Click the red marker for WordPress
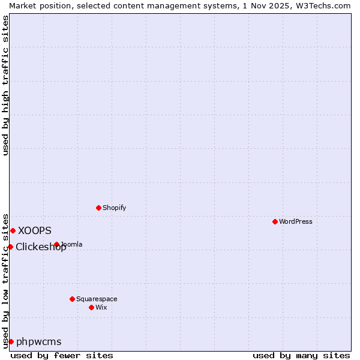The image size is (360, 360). coord(275,221)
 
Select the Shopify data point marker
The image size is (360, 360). coord(98,208)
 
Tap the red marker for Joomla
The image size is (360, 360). coord(56,244)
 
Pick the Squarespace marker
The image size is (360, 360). coord(72,299)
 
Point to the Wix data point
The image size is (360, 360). coord(91,307)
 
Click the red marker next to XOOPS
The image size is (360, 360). coord(13,230)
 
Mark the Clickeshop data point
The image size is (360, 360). coord(10,247)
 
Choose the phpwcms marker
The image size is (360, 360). coord(11,341)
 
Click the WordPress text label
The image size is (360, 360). coord(296,221)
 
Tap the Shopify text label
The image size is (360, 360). coord(114,208)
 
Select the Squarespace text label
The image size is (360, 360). coord(97,299)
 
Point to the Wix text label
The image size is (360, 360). coord(101,307)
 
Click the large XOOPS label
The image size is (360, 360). coord(35,230)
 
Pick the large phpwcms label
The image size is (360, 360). coord(39,341)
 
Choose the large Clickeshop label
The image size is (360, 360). coord(41,247)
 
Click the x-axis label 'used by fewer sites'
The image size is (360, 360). coord(62,355)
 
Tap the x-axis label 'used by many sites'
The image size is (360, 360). coord(301,355)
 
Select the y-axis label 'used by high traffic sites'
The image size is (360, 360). coord(5,86)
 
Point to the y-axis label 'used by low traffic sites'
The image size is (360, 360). coord(5,280)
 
